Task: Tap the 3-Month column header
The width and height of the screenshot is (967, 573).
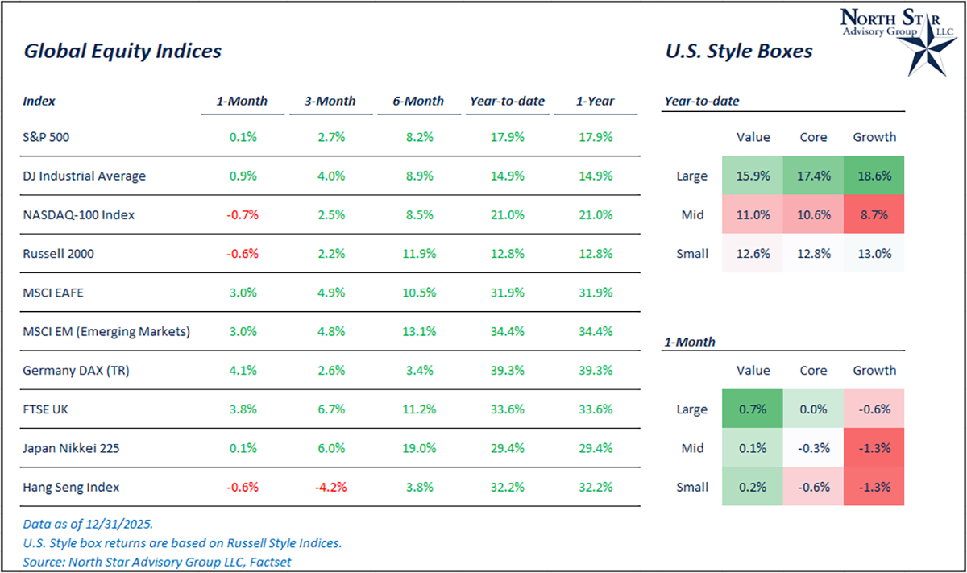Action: coord(330,102)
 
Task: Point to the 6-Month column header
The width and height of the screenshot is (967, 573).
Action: coord(418,102)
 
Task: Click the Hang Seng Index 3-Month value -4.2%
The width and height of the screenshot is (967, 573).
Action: coord(330,487)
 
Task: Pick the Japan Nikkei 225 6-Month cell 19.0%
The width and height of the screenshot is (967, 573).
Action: coord(419,448)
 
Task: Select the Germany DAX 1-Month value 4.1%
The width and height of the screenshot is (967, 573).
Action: coord(243,370)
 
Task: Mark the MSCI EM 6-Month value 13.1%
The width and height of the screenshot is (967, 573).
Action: coord(419,331)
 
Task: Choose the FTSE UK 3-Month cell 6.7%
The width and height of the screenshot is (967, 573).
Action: coord(330,409)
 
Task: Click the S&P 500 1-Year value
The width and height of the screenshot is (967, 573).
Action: coord(596,137)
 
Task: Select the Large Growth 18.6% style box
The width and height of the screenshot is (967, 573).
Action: coord(874,176)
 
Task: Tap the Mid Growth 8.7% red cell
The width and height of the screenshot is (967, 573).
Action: coord(874,214)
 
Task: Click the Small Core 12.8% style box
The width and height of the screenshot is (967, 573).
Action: coord(813,254)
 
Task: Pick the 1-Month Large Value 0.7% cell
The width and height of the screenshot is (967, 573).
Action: coord(753,409)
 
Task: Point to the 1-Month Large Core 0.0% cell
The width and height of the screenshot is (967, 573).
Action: coord(813,409)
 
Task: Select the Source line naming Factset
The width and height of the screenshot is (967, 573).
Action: coord(157,562)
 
